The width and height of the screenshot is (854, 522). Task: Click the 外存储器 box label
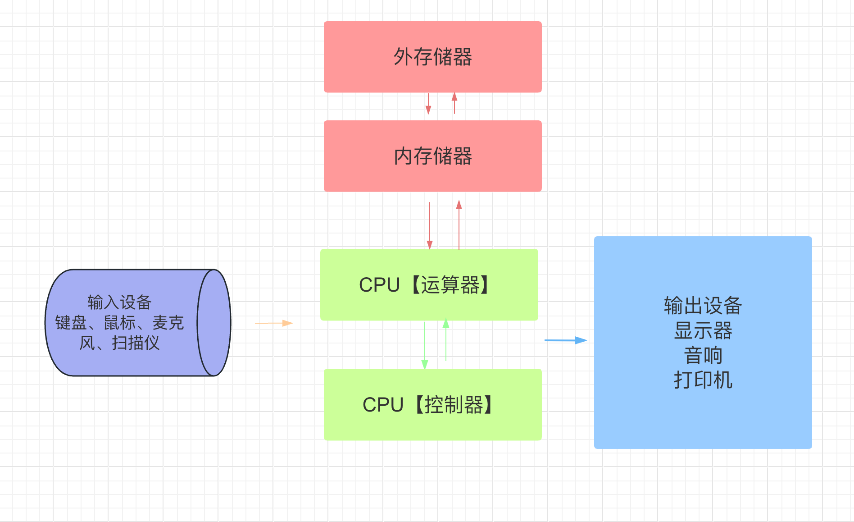tap(432, 57)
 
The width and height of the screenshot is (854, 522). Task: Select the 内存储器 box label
tap(432, 156)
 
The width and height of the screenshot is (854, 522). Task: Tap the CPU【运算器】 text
tap(426, 285)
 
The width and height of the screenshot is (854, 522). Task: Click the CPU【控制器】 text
tap(429, 405)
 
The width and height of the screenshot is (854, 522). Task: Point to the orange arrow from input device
tap(274, 323)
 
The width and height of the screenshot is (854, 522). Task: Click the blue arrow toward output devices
tap(566, 340)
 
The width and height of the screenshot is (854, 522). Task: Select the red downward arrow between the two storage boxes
tap(428, 104)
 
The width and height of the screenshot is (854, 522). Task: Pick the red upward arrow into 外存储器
tap(454, 103)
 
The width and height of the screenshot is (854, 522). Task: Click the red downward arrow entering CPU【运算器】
tap(430, 225)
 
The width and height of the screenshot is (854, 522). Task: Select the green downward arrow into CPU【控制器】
tap(424, 345)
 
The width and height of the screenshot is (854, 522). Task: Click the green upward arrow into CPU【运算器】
tap(446, 340)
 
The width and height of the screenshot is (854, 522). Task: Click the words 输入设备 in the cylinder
tap(119, 302)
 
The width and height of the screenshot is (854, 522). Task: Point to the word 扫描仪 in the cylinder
tap(136, 343)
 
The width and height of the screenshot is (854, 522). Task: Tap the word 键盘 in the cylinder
tap(71, 323)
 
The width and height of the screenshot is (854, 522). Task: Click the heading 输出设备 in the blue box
tap(703, 306)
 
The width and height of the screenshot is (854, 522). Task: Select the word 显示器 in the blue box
tap(703, 330)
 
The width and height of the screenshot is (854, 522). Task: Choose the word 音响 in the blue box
tap(703, 355)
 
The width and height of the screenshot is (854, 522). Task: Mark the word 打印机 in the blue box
tap(703, 380)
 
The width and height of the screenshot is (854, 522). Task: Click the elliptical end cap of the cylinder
tap(214, 323)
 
